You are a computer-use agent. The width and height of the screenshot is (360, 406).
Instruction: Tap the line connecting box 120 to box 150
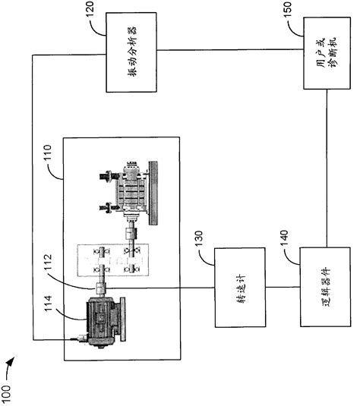[x=228, y=52]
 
